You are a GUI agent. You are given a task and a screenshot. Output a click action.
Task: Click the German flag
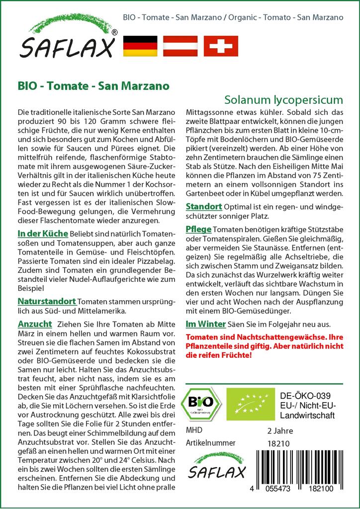(x=141, y=46)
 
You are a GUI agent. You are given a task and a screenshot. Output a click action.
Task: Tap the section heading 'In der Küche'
(x=43, y=234)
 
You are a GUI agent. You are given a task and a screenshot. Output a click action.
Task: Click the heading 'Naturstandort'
(x=46, y=301)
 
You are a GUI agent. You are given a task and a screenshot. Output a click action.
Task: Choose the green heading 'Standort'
(x=204, y=206)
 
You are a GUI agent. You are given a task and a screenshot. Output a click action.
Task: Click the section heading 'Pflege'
(x=198, y=229)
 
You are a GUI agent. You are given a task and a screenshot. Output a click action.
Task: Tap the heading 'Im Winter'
(x=205, y=324)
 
